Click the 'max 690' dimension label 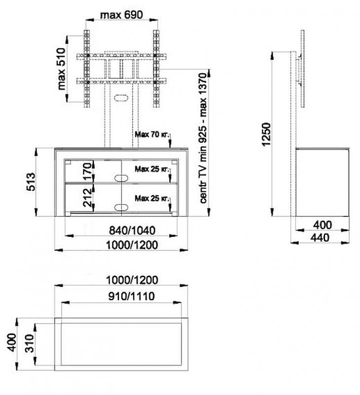coord(122,15)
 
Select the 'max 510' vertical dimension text coord(61,68)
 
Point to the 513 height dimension coord(31,182)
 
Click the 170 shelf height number coord(88,171)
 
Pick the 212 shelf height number coord(88,197)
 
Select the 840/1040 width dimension coord(132,230)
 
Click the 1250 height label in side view coord(266,134)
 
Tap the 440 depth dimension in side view coord(320,238)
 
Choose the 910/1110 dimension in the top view coord(132,296)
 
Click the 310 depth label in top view coord(30,344)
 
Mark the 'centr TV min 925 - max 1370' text coord(203,138)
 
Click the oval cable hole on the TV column coord(121,97)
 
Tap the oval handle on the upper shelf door coord(121,178)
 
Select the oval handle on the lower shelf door coord(121,207)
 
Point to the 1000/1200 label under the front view coord(132,245)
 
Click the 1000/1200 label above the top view coord(132,280)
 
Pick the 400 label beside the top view coord(12,342)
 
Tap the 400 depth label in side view coord(322,224)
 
